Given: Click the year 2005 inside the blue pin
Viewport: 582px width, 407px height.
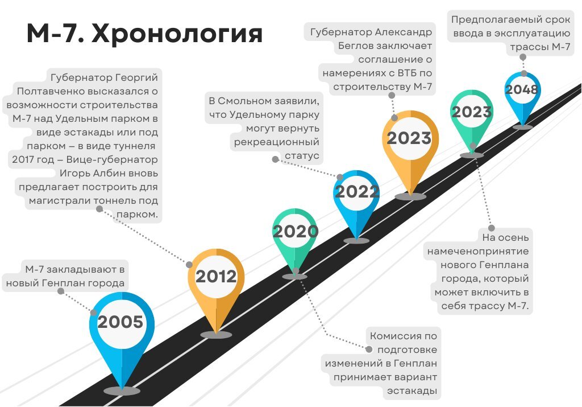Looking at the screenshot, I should click(120, 322).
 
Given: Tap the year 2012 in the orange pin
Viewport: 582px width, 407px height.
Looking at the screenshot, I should click(216, 277).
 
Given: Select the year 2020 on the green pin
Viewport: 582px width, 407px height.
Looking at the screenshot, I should click(295, 232).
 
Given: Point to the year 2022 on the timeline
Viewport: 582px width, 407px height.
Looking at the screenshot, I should click(356, 192).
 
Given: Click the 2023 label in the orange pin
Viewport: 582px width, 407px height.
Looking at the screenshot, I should click(409, 138).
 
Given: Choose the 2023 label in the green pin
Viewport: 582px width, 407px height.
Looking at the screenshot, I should click(471, 112).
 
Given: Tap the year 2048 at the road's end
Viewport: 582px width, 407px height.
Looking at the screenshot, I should click(522, 89).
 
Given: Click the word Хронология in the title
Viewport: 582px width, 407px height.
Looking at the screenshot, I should click(177, 35).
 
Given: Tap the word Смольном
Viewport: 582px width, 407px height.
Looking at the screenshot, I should click(253, 101).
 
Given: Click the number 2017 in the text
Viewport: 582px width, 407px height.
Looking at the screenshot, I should click(25, 159).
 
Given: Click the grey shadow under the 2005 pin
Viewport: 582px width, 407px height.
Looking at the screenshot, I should click(121, 391).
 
